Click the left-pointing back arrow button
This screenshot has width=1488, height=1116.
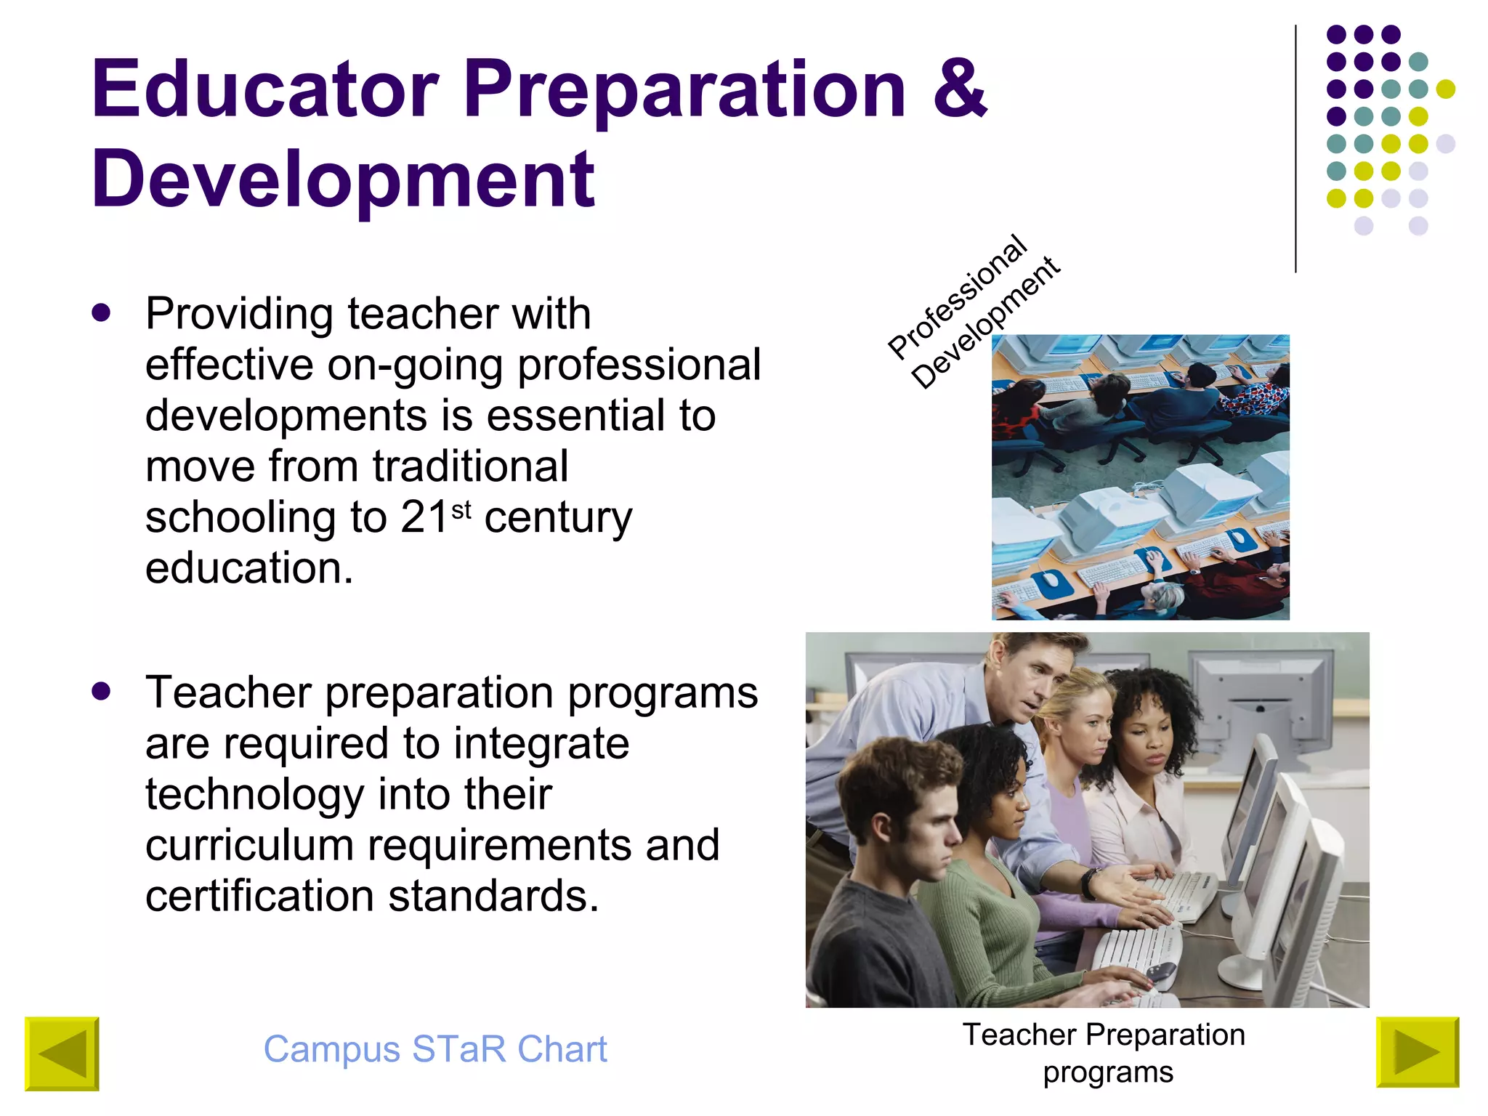coord(62,1053)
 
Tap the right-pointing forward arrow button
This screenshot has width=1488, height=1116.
coord(1417,1052)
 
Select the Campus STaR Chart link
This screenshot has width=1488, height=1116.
coord(434,1049)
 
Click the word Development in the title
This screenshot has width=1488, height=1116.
coord(343,179)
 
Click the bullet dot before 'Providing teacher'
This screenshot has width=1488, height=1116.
coord(102,313)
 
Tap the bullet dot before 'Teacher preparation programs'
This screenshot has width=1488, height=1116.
coord(102,691)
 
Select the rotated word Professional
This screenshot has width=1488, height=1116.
coord(958,297)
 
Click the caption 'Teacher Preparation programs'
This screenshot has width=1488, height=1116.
coord(1104,1053)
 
